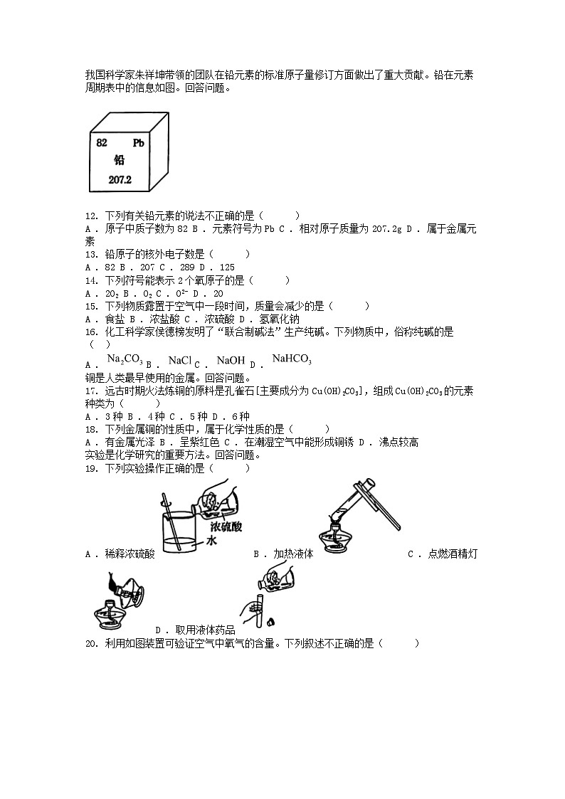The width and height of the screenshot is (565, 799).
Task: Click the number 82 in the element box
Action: [102, 143]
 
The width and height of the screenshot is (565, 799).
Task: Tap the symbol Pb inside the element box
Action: [139, 143]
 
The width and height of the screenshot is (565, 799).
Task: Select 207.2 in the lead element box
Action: [120, 180]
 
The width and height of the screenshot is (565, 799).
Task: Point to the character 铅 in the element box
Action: [119, 161]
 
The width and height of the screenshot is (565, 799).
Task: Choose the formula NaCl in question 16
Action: [180, 360]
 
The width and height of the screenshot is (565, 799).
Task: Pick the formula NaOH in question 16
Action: [231, 360]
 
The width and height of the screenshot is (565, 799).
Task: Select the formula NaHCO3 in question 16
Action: [292, 359]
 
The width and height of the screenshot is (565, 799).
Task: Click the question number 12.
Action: [90, 216]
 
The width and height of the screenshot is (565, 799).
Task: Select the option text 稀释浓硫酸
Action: [130, 554]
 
